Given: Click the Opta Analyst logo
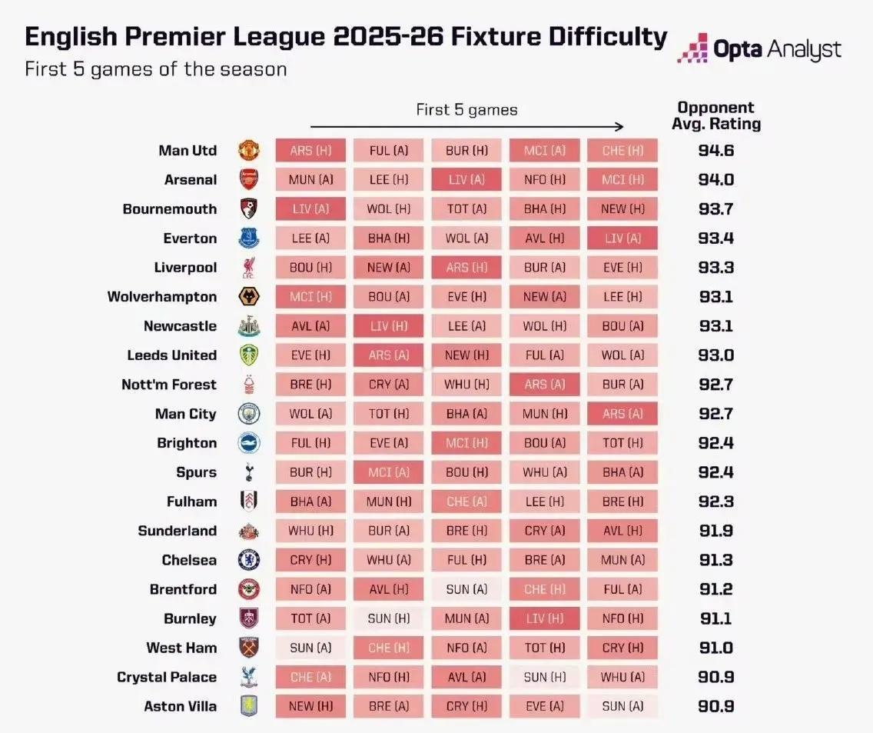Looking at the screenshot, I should [759, 48].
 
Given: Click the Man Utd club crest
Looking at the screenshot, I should [249, 150].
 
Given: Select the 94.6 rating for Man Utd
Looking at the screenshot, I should [715, 150].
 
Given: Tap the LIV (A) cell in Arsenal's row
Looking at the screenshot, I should [466, 179].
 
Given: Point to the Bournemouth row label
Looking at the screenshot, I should [169, 208].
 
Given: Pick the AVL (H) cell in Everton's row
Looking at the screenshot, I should [545, 238].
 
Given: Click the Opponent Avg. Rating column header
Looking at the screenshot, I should [715, 115].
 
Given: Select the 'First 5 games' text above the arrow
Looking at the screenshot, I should [466, 109].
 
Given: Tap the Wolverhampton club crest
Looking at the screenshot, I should [249, 296].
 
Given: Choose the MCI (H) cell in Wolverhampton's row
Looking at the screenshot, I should [310, 296].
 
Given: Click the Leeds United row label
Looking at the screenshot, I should [171, 355].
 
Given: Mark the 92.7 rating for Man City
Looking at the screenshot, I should [715, 413].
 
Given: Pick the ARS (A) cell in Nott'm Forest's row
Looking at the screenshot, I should [545, 384].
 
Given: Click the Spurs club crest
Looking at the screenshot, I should [249, 471].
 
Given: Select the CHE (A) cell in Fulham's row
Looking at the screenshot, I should [466, 501].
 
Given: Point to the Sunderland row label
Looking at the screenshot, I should [177, 530].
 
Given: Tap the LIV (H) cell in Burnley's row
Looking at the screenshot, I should [545, 618].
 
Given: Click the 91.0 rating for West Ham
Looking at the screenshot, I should [715, 647].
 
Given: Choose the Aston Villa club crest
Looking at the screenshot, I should [249, 705].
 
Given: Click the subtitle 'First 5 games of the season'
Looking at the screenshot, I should [155, 68].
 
